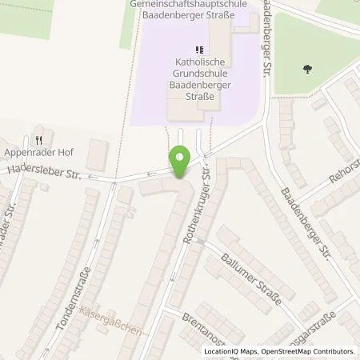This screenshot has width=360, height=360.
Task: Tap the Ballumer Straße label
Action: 251,276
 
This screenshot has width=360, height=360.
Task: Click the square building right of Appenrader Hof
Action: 98,150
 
